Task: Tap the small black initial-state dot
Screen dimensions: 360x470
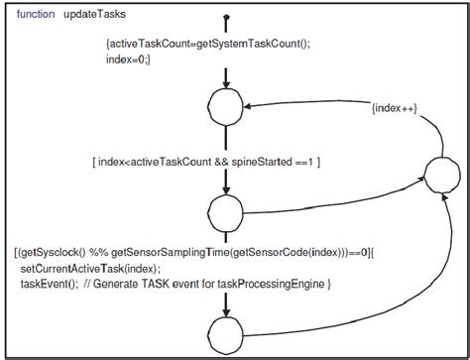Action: (227, 18)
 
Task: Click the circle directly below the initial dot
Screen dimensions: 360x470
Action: (227, 106)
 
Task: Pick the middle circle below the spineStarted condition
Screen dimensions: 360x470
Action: (227, 213)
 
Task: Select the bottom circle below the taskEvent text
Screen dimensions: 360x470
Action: (227, 330)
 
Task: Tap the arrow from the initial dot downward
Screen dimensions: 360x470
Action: (227, 74)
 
